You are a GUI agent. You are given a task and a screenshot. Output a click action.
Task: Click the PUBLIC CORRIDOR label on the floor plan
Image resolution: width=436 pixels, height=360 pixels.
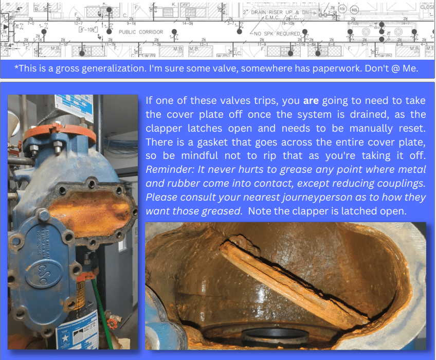(141, 32)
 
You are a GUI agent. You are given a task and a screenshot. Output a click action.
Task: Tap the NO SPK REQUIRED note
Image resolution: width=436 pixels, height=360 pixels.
(278, 33)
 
